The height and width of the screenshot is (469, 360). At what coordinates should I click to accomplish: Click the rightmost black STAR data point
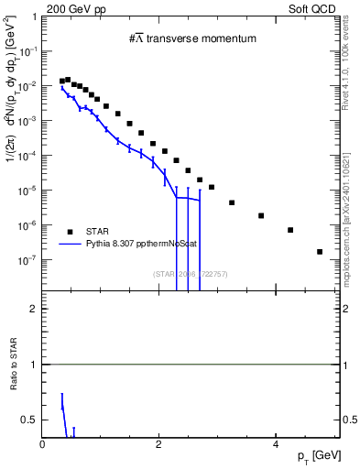pyautogui.click(x=320, y=251)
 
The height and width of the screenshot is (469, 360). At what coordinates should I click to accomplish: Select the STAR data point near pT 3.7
pyautogui.click(x=261, y=215)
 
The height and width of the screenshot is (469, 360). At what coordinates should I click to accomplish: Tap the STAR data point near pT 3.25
pyautogui.click(x=232, y=202)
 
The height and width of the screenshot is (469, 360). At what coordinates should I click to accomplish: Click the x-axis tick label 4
pyautogui.click(x=276, y=443)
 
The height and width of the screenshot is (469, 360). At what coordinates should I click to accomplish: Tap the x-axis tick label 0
pyautogui.click(x=43, y=443)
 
